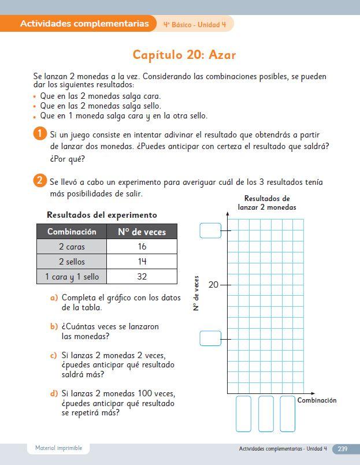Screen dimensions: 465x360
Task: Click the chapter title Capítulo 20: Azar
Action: [184, 55]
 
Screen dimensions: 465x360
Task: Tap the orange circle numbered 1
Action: [39, 134]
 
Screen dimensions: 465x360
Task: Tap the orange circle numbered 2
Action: [39, 181]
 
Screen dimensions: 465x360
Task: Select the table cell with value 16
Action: [142, 247]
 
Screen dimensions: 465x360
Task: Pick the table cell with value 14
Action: [142, 262]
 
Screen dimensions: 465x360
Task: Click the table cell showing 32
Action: [142, 277]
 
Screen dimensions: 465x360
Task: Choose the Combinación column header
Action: [72, 232]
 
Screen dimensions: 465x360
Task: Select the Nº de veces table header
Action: [142, 232]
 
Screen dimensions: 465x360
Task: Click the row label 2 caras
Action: [72, 247]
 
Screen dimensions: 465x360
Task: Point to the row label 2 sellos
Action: [72, 262]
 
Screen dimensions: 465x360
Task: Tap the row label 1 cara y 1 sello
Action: [72, 277]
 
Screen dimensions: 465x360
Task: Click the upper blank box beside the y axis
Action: [210, 230]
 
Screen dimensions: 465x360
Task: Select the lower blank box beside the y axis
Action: [210, 338]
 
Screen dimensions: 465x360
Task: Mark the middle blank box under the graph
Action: [266, 414]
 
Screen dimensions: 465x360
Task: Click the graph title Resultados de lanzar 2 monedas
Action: [266, 203]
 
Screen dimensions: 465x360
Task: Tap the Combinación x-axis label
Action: [317, 400]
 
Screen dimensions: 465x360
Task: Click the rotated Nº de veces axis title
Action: [196, 293]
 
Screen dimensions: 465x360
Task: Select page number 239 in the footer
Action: [342, 449]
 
